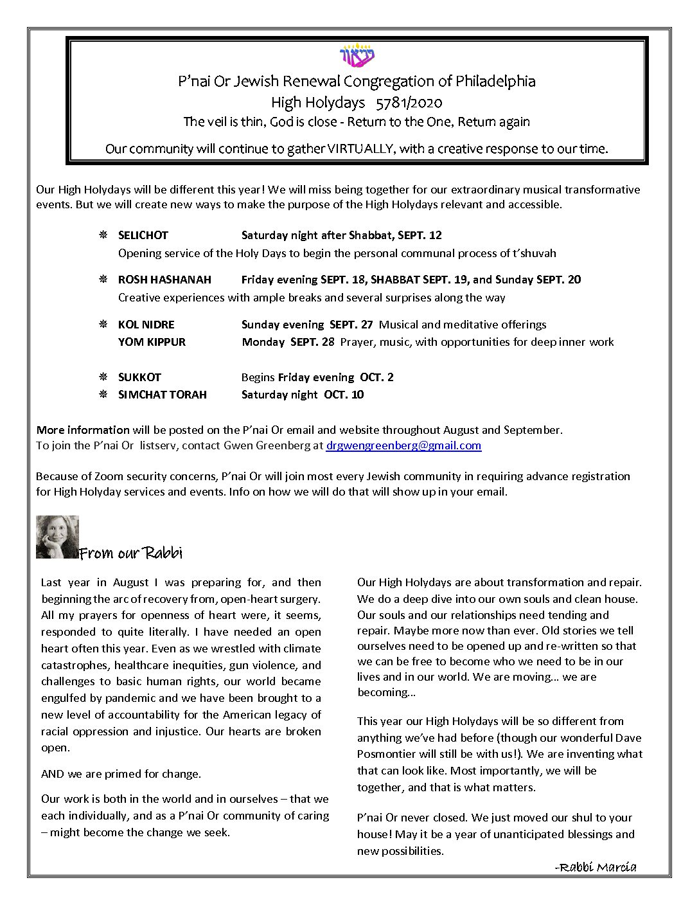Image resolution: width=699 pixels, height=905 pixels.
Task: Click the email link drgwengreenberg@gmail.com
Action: tap(403, 445)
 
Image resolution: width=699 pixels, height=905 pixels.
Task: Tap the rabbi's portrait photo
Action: tap(57, 537)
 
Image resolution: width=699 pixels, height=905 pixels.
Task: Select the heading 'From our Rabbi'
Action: tap(130, 553)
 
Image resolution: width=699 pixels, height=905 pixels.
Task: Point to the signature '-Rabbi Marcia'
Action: tap(596, 867)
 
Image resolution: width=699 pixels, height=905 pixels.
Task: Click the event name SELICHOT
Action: tap(143, 235)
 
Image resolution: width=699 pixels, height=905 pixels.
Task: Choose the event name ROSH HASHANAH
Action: tap(164, 280)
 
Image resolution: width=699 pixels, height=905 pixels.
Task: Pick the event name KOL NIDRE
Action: tap(146, 325)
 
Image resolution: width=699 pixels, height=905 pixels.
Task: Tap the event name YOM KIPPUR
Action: tap(152, 342)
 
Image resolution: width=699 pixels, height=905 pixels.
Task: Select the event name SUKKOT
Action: tap(139, 377)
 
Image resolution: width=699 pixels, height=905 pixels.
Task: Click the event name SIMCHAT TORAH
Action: tap(162, 395)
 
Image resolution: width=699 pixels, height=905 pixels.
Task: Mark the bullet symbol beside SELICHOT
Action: tap(103, 235)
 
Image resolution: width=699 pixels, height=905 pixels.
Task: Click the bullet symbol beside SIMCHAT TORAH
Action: tap(103, 395)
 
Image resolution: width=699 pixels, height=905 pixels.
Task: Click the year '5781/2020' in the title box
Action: tap(409, 102)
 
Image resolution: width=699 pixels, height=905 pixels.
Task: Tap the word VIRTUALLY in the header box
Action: tap(360, 149)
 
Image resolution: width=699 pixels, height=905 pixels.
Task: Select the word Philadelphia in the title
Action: tap(495, 82)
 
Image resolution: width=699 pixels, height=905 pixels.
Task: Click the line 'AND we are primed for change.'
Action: tap(121, 774)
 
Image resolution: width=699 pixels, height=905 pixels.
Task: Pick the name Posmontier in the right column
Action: tap(386, 754)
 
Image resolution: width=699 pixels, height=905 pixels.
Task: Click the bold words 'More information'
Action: tap(83, 430)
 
